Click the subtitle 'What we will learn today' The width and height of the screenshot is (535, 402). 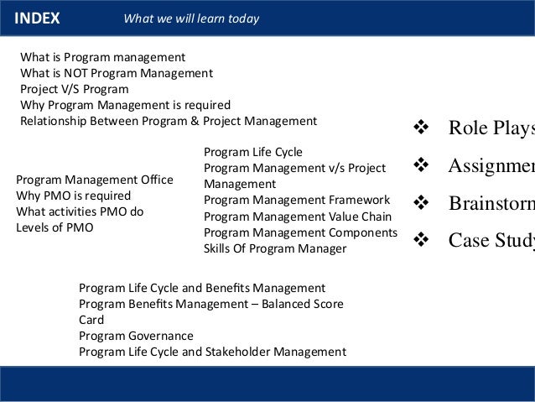click(x=191, y=18)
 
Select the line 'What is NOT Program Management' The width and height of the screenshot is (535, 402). click(x=116, y=73)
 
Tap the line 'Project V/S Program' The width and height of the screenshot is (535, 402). click(x=75, y=89)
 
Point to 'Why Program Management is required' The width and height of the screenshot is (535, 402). click(x=125, y=105)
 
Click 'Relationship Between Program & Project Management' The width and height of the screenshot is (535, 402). click(x=168, y=121)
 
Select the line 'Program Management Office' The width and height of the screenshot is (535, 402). click(x=95, y=180)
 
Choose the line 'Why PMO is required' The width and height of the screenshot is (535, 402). click(x=74, y=196)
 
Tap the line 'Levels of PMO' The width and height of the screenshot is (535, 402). click(x=55, y=227)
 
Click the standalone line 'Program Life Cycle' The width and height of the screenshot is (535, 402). click(x=253, y=152)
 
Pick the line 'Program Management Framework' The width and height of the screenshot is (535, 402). click(x=297, y=200)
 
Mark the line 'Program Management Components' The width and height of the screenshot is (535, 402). click(x=300, y=232)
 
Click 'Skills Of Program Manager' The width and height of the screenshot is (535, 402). click(x=275, y=248)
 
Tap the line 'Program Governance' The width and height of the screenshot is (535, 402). click(x=136, y=336)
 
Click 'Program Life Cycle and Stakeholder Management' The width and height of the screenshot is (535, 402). click(x=212, y=352)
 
